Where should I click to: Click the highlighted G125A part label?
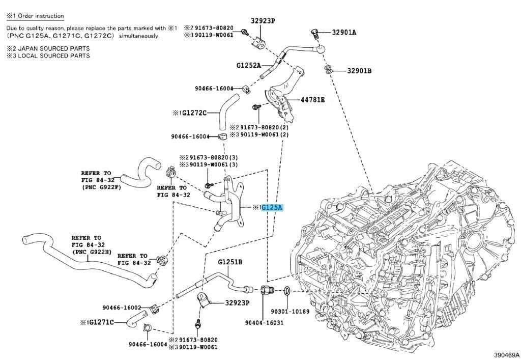(x=272, y=208)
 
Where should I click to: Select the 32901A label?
(x=344, y=32)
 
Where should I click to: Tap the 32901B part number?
(x=360, y=71)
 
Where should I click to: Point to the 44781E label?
(x=313, y=99)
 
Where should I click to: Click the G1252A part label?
(x=248, y=65)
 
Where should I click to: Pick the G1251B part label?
(x=230, y=262)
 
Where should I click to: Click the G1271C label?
(x=101, y=322)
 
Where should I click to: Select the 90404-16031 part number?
(x=264, y=322)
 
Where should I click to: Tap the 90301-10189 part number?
(x=290, y=312)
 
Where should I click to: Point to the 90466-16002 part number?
(x=122, y=308)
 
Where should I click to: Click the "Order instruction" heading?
(x=41, y=16)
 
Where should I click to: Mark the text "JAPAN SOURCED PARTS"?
(x=54, y=48)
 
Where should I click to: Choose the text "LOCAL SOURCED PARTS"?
(x=54, y=56)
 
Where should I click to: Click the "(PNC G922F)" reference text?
(x=101, y=187)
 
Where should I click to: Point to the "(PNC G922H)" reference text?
(x=92, y=252)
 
